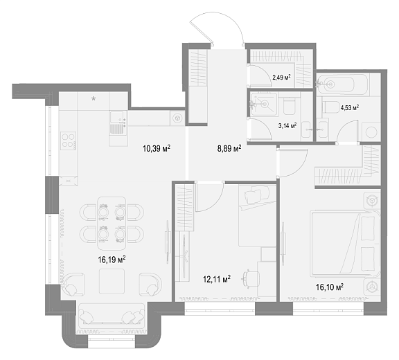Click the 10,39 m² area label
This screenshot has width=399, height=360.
coord(157,148)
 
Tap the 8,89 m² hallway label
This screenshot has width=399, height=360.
coord(229,148)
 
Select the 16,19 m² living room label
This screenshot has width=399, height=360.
coord(112,260)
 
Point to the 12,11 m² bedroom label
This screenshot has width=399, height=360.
coord(217,279)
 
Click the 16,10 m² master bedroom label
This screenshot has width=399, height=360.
coord(330,287)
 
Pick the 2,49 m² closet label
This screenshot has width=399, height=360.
coord(281,78)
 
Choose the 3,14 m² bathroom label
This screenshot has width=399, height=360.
coord(287,125)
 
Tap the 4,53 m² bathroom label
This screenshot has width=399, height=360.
coord(350,107)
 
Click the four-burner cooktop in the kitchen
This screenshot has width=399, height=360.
coord(69,141)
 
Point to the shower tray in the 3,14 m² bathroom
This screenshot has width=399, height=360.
coord(264,104)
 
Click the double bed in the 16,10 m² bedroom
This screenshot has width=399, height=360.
coord(345,244)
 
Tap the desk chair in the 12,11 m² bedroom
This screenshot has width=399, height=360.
coord(251,278)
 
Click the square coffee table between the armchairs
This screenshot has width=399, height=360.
coord(112,282)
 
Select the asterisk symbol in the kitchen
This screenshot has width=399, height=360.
coord(94,98)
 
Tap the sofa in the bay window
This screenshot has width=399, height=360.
coord(112,316)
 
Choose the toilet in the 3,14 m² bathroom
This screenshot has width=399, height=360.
coord(289,107)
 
